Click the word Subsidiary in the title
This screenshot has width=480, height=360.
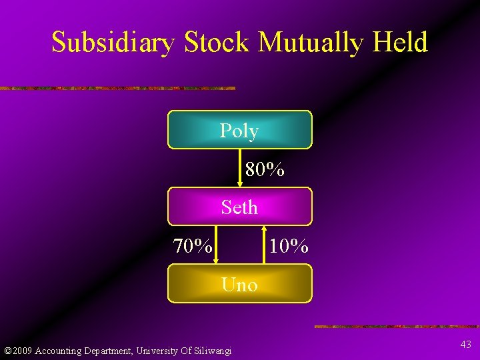(114, 43)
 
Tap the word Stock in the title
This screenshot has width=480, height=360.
(217, 43)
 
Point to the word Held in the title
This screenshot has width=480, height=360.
(400, 43)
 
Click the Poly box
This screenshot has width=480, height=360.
(239, 130)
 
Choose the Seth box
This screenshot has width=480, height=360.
(239, 207)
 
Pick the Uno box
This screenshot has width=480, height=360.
(239, 285)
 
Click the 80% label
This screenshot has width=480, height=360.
(265, 170)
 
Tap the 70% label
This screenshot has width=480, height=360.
(193, 247)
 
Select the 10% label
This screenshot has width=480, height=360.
(288, 247)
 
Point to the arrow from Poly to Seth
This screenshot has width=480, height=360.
(240, 167)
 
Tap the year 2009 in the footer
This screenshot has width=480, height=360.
(22, 351)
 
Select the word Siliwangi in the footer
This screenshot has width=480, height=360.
(211, 351)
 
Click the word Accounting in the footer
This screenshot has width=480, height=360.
(58, 351)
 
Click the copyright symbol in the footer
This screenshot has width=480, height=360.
(7, 351)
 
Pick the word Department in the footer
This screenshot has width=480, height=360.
(108, 351)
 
